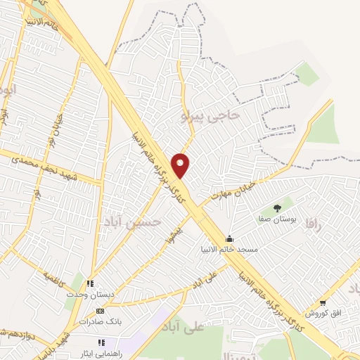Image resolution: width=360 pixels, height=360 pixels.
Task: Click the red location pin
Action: pyautogui.click(x=181, y=165)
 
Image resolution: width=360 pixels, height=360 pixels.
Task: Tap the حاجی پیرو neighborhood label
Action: pyautogui.click(x=211, y=114)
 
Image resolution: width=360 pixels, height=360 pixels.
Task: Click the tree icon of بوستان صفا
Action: pyautogui.click(x=277, y=207)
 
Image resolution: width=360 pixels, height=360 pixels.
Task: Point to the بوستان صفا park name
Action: pyautogui.click(x=278, y=219)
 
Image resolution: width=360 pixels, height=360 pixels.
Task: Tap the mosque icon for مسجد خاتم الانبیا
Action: pyautogui.click(x=229, y=239)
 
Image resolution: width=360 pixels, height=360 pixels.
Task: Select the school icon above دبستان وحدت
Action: pyautogui.click(x=90, y=284)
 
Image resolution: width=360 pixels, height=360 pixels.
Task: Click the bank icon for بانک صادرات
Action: pyautogui.click(x=99, y=310)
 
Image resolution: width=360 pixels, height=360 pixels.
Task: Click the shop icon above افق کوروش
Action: pyautogui.click(x=323, y=303)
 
